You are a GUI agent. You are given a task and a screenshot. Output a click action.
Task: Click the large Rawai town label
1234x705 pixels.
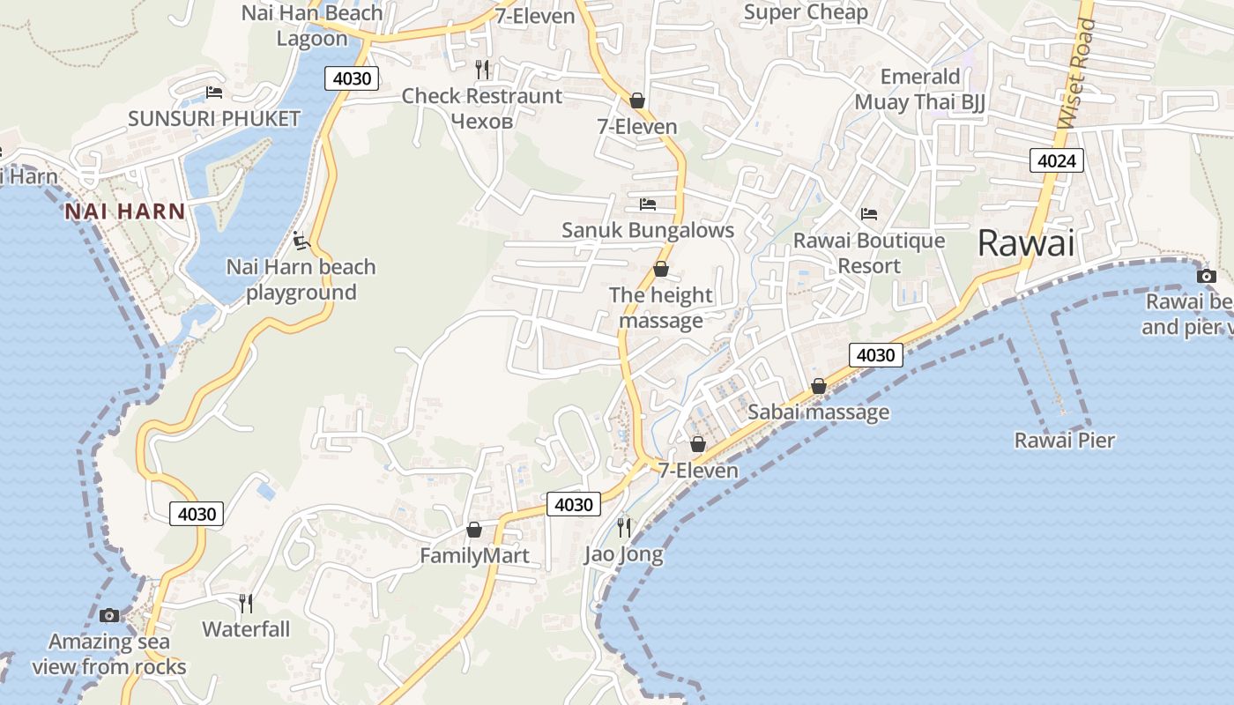(1026, 243)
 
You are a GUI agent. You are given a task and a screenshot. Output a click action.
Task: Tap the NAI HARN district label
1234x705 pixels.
(124, 211)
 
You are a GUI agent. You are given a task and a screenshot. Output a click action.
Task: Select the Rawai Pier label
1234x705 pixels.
(1065, 440)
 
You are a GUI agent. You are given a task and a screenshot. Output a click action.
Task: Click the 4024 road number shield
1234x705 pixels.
(1055, 160)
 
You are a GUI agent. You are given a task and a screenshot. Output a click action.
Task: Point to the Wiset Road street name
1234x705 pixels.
(1076, 74)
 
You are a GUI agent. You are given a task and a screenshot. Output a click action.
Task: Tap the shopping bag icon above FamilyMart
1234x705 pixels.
(474, 530)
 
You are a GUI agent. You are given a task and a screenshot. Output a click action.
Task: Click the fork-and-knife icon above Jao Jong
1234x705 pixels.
(624, 527)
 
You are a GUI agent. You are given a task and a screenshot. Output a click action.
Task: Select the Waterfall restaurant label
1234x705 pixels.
(246, 629)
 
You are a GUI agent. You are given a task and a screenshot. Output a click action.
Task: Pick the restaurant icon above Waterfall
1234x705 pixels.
(246, 603)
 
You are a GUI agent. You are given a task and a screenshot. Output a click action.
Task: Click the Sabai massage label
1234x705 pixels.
(819, 412)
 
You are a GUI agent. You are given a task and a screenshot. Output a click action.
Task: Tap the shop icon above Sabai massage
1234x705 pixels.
(819, 386)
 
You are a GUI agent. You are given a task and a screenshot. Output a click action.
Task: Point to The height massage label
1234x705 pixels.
(661, 307)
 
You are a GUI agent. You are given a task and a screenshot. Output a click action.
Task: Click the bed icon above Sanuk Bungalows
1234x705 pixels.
(648, 204)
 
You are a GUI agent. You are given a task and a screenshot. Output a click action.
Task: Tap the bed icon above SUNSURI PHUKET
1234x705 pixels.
(214, 92)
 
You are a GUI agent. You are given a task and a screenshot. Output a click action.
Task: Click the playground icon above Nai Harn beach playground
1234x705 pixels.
(301, 240)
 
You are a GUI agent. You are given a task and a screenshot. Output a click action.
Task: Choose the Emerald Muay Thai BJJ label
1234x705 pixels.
(920, 89)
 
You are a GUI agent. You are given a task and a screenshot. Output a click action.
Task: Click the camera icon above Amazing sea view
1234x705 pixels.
(109, 615)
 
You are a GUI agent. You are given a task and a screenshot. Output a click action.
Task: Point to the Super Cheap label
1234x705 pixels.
(806, 11)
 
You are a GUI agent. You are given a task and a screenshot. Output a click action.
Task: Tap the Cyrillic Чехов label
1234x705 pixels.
(481, 120)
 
